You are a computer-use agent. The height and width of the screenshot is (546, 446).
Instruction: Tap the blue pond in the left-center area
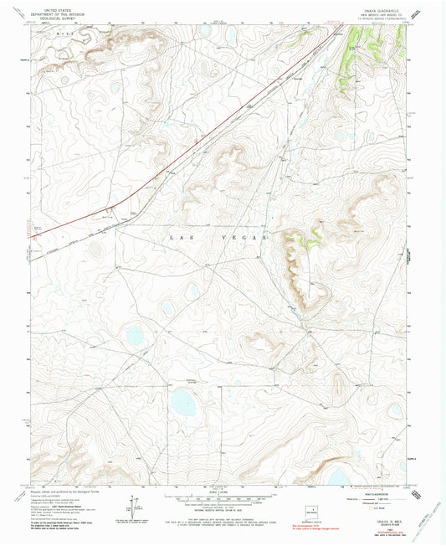tap(134, 336)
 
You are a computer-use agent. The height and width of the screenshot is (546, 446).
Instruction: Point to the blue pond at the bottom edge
tap(337, 477)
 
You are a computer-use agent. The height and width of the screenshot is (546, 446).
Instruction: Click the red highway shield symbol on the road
tap(193, 140)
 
